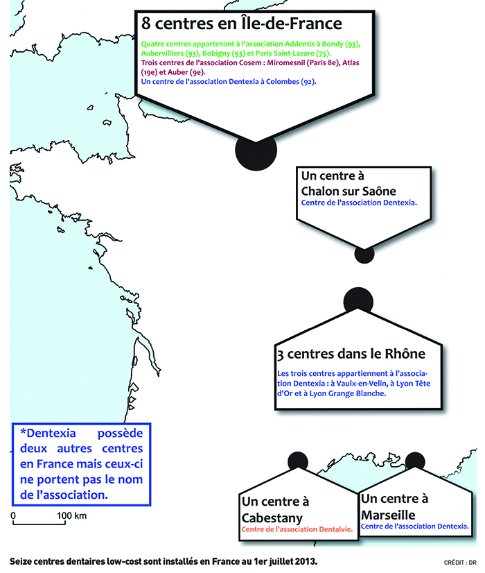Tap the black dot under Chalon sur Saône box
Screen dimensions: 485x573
364,255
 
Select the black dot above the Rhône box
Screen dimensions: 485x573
358,300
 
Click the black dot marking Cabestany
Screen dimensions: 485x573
298,460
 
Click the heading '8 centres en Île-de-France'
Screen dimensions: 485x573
242,24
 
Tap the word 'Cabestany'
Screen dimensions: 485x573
272,518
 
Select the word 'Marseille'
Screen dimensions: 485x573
388,515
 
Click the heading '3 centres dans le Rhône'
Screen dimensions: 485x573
351,354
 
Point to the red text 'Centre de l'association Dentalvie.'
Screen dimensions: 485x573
297,529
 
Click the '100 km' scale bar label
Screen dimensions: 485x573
72,515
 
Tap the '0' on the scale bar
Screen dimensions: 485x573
13,515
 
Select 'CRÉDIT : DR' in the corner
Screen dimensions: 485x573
460,563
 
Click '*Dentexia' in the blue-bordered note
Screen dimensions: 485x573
48,433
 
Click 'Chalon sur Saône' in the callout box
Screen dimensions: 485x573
349,191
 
